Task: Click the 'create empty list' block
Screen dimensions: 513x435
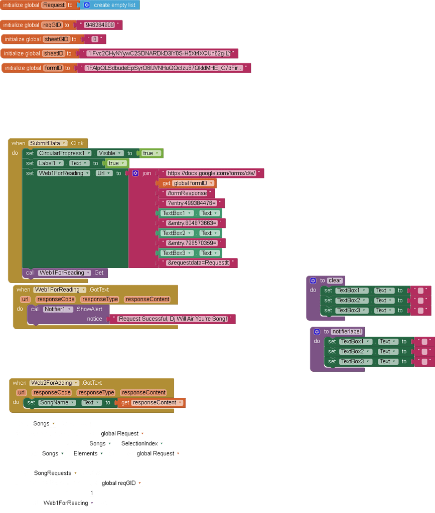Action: point(114,5)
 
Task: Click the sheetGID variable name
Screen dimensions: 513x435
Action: point(57,39)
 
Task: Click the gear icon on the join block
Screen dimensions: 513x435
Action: point(135,173)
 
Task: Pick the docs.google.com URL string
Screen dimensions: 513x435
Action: point(211,173)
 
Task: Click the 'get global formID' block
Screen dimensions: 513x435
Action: point(187,183)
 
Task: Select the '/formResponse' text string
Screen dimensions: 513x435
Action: point(187,193)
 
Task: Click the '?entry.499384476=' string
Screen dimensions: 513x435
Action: point(191,203)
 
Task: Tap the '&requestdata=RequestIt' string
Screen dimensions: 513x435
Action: point(198,263)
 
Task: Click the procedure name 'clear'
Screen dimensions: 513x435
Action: point(335,281)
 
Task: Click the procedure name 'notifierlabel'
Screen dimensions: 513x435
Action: point(346,332)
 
